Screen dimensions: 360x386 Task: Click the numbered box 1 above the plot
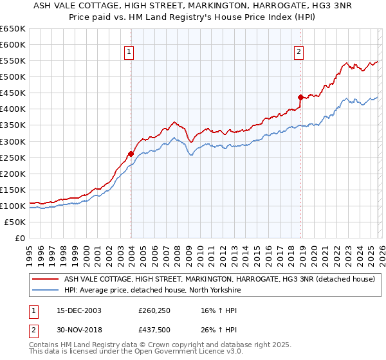pyautogui.click(x=129, y=53)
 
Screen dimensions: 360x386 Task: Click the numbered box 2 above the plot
pyautogui.click(x=299, y=53)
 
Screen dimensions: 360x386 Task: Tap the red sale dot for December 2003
pyautogui.click(x=131, y=154)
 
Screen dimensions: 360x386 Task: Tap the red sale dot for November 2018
pyautogui.click(x=300, y=97)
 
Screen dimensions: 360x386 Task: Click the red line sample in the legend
pyautogui.click(x=46, y=279)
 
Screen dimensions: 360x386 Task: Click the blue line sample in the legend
pyautogui.click(x=46, y=290)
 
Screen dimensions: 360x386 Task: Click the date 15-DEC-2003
pyautogui.click(x=74, y=310)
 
